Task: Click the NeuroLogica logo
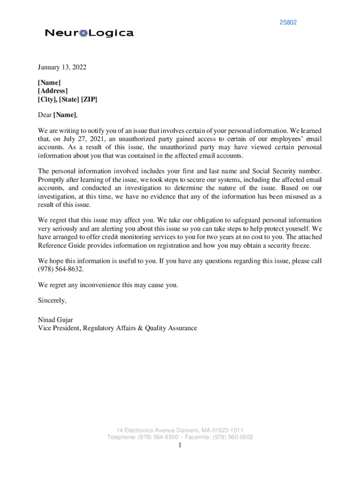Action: coord(89,33)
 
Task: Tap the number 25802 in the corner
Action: coord(288,22)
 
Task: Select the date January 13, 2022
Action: coord(62,67)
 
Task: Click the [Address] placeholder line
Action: coord(53,91)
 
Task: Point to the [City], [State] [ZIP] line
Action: coord(68,100)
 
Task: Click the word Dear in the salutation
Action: coord(45,115)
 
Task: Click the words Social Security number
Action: coord(285,171)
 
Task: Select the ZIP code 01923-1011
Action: coord(228,430)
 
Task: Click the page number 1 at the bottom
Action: coord(180,445)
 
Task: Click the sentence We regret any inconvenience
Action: coord(108,285)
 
